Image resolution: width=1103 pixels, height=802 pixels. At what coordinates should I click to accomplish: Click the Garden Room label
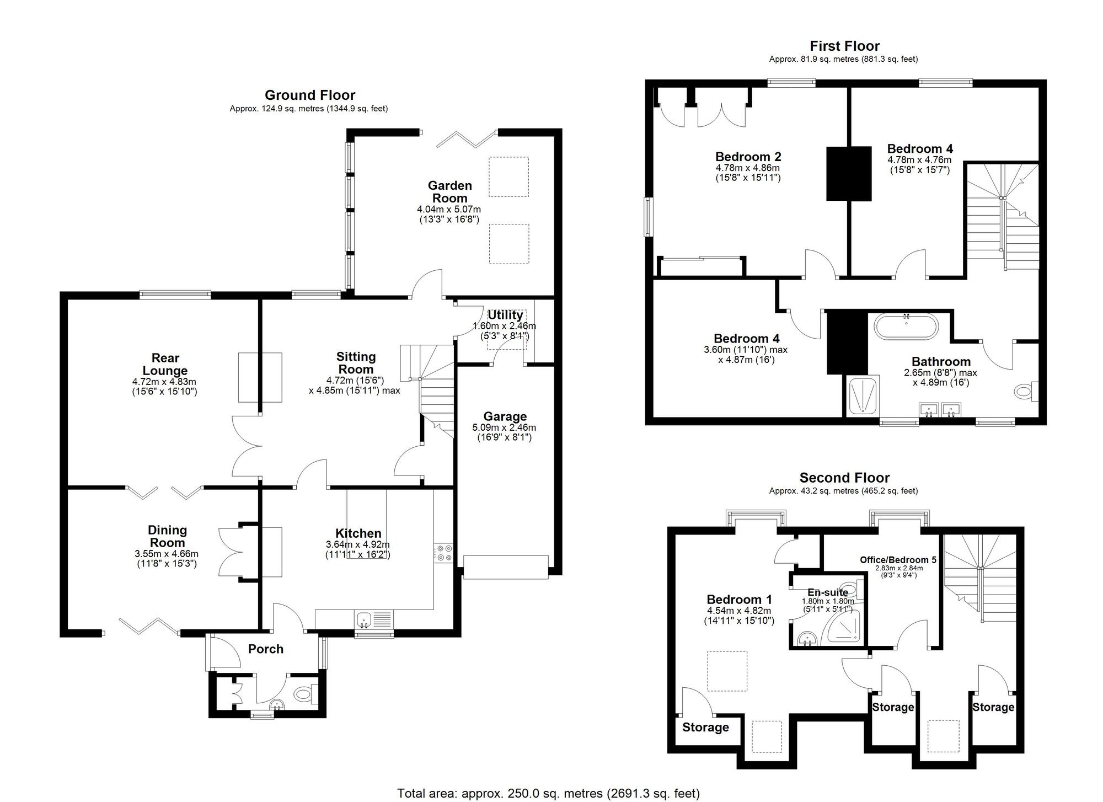click(450, 192)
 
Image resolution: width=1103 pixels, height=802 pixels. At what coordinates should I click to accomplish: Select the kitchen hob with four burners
click(443, 553)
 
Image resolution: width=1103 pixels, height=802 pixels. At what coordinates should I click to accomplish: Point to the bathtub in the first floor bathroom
click(906, 326)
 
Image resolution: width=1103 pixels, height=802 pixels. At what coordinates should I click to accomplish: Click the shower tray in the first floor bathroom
click(862, 396)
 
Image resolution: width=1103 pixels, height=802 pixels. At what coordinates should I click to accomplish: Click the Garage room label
click(505, 416)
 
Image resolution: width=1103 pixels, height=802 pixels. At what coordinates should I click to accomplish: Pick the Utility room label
click(505, 315)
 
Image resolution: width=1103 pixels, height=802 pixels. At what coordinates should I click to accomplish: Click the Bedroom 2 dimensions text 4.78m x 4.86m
click(748, 168)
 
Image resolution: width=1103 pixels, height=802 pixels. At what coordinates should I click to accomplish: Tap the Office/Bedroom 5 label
click(898, 559)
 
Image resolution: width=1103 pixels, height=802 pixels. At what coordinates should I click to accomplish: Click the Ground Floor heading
click(310, 95)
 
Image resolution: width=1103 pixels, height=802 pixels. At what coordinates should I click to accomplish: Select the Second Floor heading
click(845, 478)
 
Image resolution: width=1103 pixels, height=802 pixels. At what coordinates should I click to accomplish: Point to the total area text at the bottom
click(548, 793)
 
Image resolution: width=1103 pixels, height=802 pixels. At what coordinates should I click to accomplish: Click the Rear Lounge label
click(165, 364)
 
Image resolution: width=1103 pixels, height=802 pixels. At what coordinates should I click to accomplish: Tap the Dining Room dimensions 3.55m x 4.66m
click(167, 554)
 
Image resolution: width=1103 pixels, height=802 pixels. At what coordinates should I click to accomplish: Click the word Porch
click(266, 649)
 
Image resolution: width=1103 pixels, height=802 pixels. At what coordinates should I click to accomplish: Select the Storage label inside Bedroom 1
click(705, 728)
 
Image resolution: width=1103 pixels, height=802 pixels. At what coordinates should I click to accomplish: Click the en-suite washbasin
click(807, 640)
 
